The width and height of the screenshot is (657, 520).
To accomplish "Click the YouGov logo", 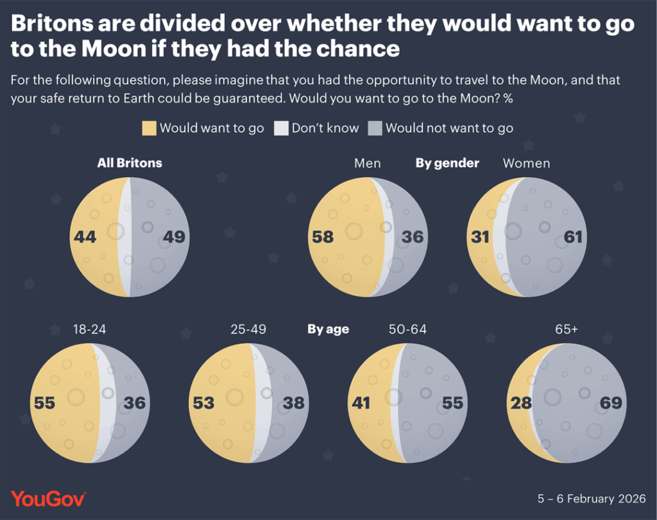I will [48, 498].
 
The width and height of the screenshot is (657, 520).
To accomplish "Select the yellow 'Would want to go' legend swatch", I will [149, 128].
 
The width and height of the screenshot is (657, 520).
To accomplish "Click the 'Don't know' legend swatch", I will [281, 128].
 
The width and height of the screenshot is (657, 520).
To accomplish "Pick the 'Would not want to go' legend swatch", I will [375, 128].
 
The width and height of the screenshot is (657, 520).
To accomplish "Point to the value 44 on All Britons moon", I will [85, 237].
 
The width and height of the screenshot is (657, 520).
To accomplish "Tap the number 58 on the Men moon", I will [322, 237].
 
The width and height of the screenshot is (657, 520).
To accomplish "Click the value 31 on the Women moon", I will [481, 237].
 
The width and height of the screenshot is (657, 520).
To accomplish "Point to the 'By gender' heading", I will [447, 163].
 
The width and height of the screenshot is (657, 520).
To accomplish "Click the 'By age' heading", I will [328, 330].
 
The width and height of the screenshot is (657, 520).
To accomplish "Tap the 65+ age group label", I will [567, 330].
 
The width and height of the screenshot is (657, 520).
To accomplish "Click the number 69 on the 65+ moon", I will [611, 403].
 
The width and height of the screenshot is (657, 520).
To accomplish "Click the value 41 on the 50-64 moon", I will [360, 403].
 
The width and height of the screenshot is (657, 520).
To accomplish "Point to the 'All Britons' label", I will [130, 163].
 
